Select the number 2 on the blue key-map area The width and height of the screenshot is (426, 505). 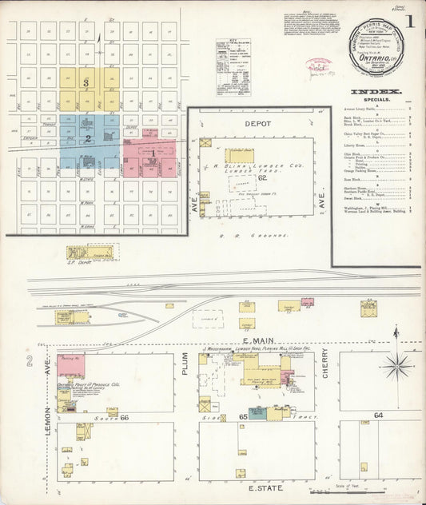(88, 138)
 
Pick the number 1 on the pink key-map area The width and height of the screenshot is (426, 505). (151, 151)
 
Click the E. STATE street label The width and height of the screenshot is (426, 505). (261, 487)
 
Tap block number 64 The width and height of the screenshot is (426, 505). (378, 416)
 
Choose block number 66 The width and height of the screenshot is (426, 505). (124, 417)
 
